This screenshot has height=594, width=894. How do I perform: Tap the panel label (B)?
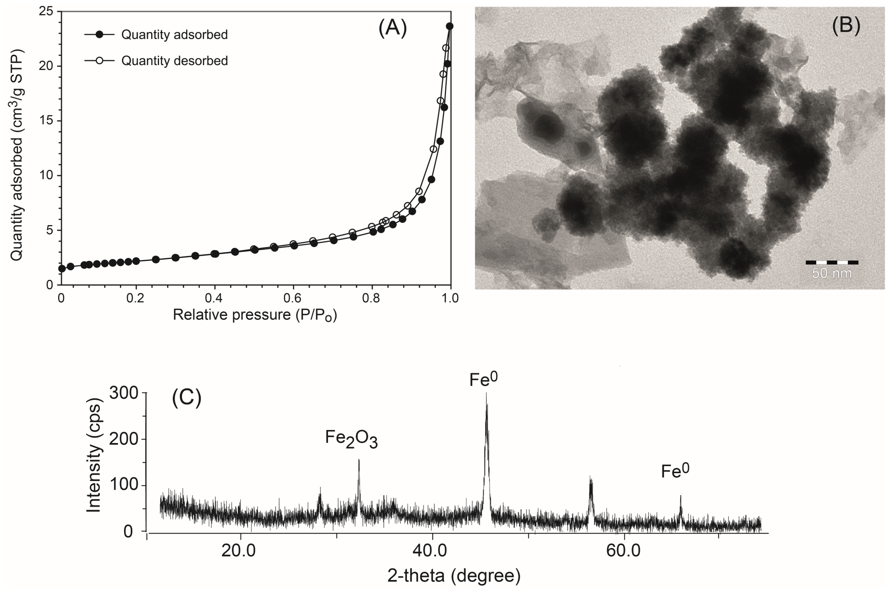(x=846, y=25)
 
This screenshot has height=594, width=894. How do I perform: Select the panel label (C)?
(x=186, y=398)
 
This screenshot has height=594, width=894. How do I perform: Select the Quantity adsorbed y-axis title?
(x=17, y=155)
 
